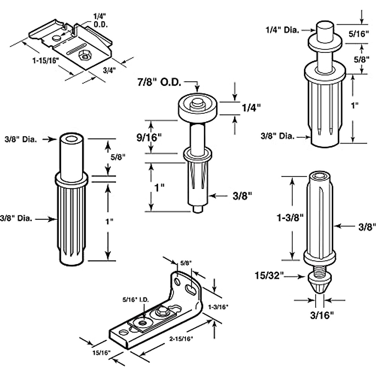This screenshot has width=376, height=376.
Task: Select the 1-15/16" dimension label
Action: point(46,61)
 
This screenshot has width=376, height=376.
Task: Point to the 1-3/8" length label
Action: point(290,217)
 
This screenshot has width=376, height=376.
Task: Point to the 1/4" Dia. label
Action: point(282,30)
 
